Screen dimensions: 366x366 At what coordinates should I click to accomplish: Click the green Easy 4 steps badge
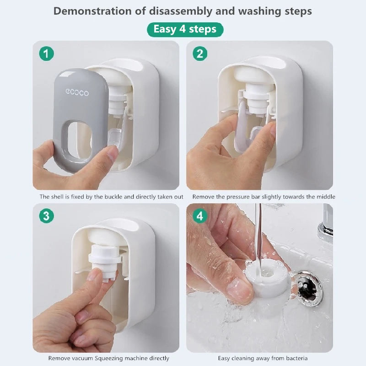[x=184, y=29]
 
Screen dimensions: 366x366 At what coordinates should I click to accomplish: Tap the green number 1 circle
[x=46, y=54]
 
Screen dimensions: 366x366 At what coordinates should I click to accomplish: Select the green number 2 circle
[x=199, y=54]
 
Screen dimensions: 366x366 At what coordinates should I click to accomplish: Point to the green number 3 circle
[x=46, y=215]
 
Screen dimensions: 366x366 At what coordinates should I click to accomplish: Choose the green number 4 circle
[x=199, y=215]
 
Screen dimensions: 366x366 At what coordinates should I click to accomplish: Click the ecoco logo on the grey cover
[x=77, y=92]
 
